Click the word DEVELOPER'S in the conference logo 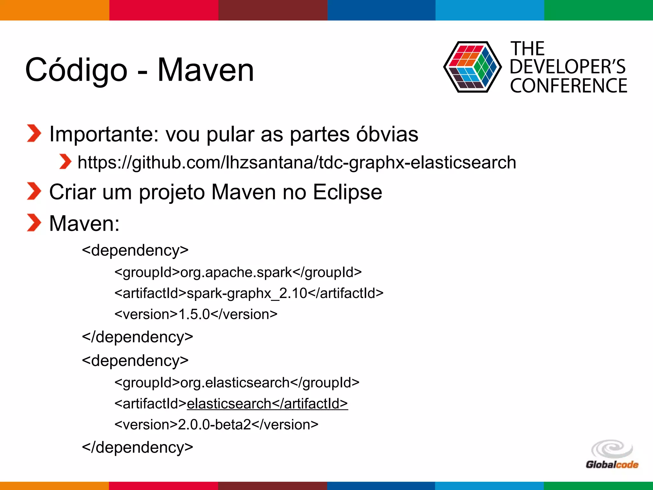pos(568,67)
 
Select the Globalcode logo pos(612,455)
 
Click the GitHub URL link pos(297,162)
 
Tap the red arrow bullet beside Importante pos(34,133)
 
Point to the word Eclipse pos(347,192)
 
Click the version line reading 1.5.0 pos(196,315)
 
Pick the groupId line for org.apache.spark pos(238,272)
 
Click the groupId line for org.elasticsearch pos(237,383)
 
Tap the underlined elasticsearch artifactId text pos(267,404)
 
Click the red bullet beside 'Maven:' pos(34,222)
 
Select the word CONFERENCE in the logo pos(569,86)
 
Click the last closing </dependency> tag pos(137,447)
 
